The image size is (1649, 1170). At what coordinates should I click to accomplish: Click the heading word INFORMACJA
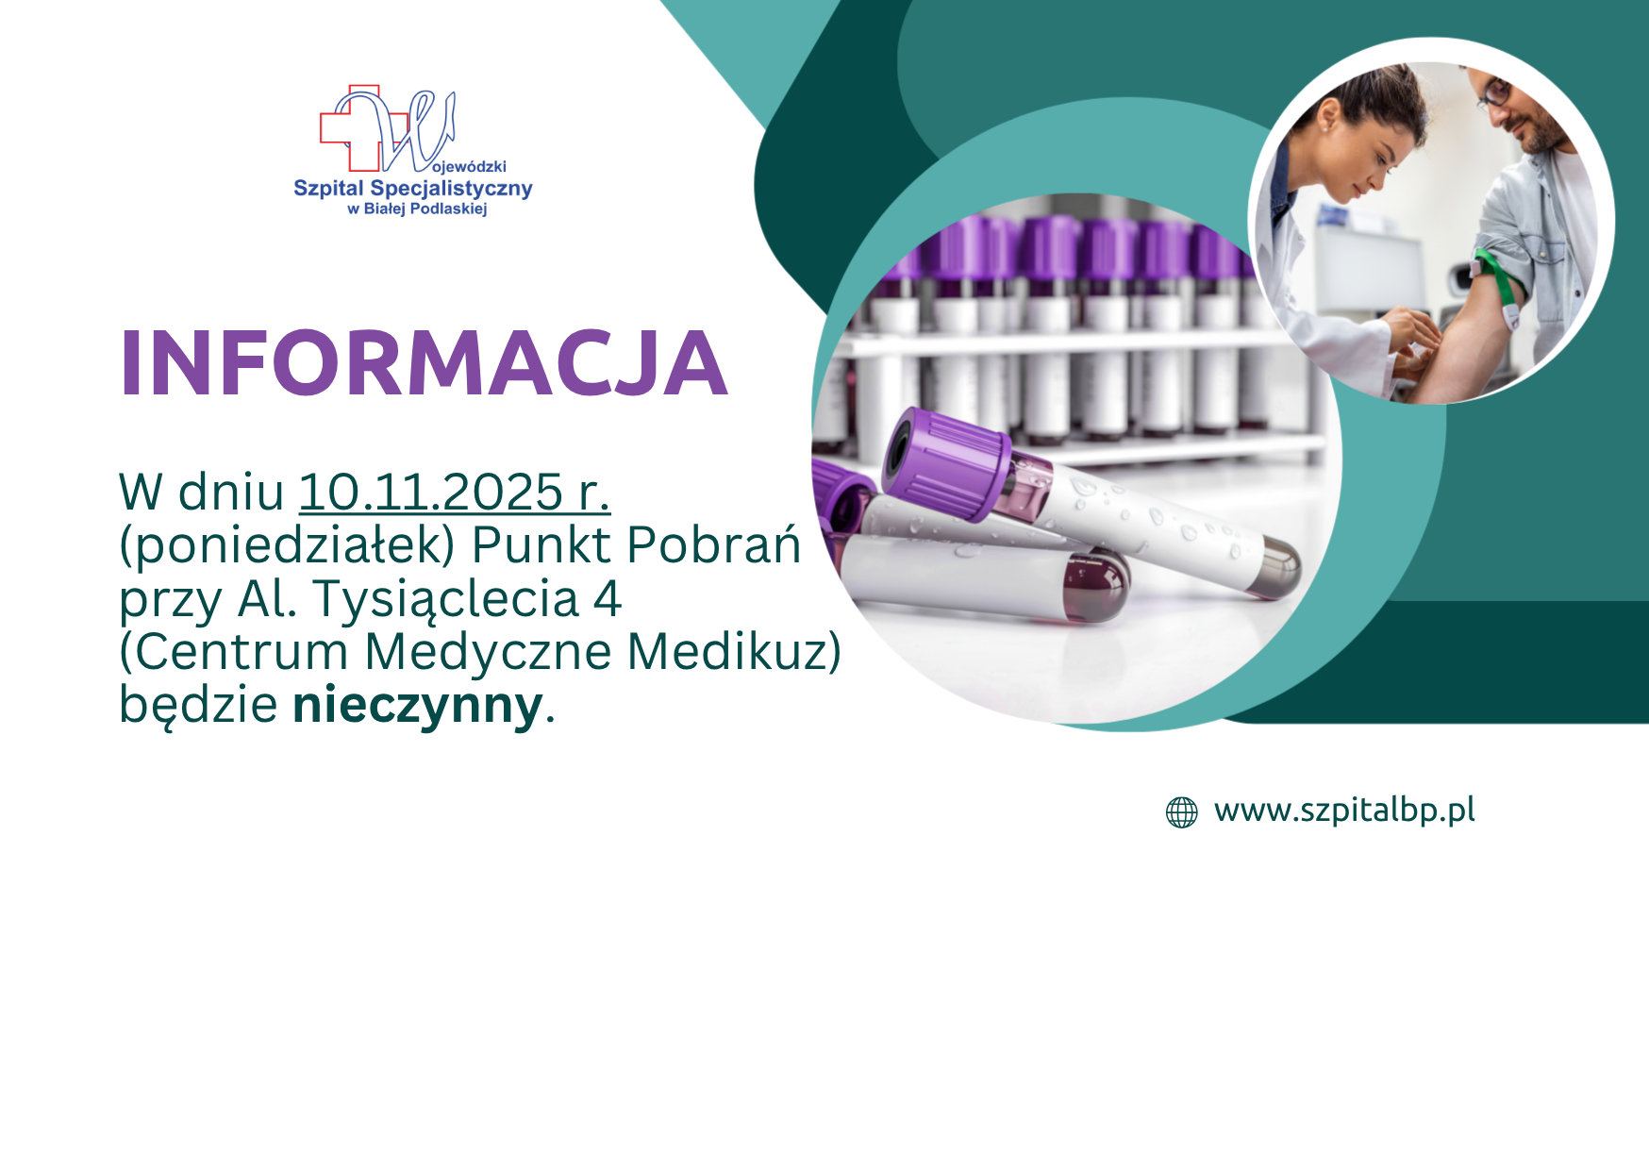click(x=424, y=364)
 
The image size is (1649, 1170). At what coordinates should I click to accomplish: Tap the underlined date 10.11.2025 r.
click(x=455, y=493)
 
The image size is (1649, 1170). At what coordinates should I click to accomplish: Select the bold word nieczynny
click(x=418, y=705)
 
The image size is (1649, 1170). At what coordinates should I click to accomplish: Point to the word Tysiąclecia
click(x=444, y=598)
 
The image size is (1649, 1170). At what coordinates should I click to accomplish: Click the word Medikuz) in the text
click(x=733, y=652)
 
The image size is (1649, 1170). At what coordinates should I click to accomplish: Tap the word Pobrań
click(x=714, y=545)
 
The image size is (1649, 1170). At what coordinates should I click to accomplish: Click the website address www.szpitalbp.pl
click(x=1344, y=811)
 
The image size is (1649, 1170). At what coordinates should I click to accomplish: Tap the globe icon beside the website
click(x=1181, y=811)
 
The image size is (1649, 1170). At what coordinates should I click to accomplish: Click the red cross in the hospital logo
click(x=349, y=128)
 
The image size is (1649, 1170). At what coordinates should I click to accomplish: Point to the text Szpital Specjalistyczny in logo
click(x=413, y=189)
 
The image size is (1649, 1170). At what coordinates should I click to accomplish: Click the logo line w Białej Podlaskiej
click(x=417, y=209)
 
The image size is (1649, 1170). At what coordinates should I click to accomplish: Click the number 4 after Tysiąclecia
click(x=608, y=598)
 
